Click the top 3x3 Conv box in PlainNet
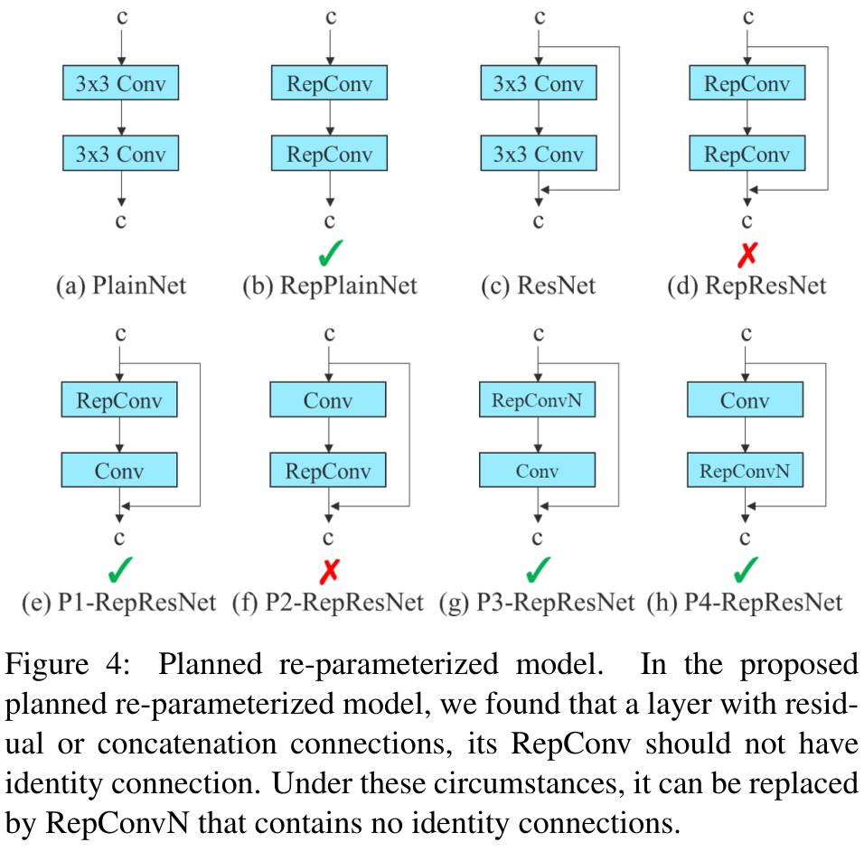pyautogui.click(x=121, y=82)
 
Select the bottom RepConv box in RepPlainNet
pyautogui.click(x=330, y=154)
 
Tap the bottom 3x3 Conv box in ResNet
pyautogui.click(x=539, y=154)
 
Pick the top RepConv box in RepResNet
pyautogui.click(x=747, y=82)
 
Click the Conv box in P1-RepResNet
pyautogui.click(x=119, y=470)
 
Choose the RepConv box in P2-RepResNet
pyautogui.click(x=328, y=470)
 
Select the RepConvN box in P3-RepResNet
pyautogui.click(x=537, y=399)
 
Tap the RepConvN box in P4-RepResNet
pyautogui.click(x=745, y=470)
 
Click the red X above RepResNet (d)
pyautogui.click(x=747, y=255)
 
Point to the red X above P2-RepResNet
pyautogui.click(x=330, y=571)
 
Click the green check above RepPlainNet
pyautogui.click(x=331, y=253)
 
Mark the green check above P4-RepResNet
pyautogui.click(x=747, y=569)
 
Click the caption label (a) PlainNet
pyautogui.click(x=121, y=285)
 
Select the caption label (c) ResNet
pyautogui.click(x=539, y=285)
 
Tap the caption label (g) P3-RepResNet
pyautogui.click(x=537, y=602)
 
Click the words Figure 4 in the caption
pyautogui.click(x=67, y=663)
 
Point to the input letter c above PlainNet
pyautogui.click(x=122, y=18)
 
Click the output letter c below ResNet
pyautogui.click(x=539, y=221)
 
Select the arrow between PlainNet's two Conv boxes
pyautogui.click(x=121, y=117)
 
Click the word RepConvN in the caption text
pyautogui.click(x=117, y=823)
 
